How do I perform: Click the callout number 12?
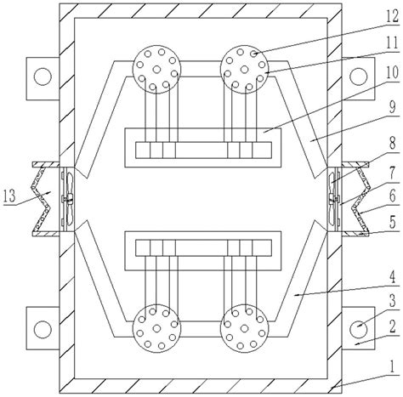[x=392, y=17]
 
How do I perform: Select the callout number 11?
[x=392, y=43]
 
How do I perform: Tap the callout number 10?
[x=392, y=72]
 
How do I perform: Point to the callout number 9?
[x=392, y=107]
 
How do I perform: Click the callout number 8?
[x=392, y=144]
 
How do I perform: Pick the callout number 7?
[x=392, y=173]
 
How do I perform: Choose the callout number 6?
[x=392, y=196]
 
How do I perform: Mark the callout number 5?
[x=393, y=222]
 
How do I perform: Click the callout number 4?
[x=392, y=278]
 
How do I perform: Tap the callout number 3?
[x=392, y=301]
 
